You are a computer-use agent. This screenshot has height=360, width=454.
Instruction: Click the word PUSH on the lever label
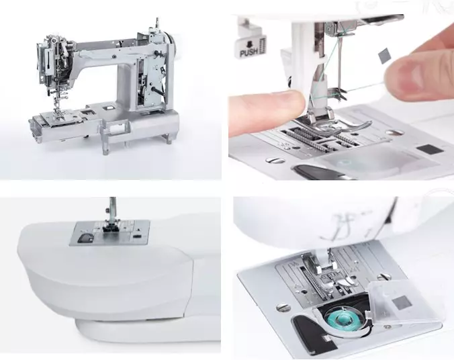(248, 52)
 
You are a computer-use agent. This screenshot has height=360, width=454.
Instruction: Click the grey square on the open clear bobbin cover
(402, 302)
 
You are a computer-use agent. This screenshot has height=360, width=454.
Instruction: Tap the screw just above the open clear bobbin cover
(384, 276)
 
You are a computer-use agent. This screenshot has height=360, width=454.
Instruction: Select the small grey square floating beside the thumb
(383, 56)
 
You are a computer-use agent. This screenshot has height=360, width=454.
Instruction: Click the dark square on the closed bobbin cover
(430, 149)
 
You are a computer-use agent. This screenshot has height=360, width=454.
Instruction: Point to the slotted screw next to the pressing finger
(275, 161)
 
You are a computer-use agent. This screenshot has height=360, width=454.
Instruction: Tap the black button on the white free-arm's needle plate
(85, 238)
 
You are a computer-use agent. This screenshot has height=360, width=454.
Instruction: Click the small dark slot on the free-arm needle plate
(136, 236)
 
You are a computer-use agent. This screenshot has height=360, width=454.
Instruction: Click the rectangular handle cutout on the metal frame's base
(118, 128)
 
